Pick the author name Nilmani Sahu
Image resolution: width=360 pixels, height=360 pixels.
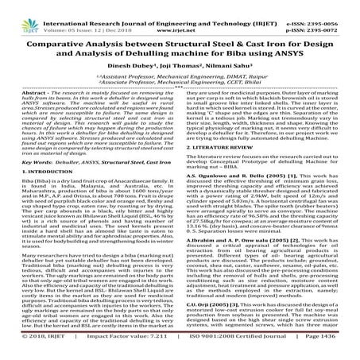pos(226,67)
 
